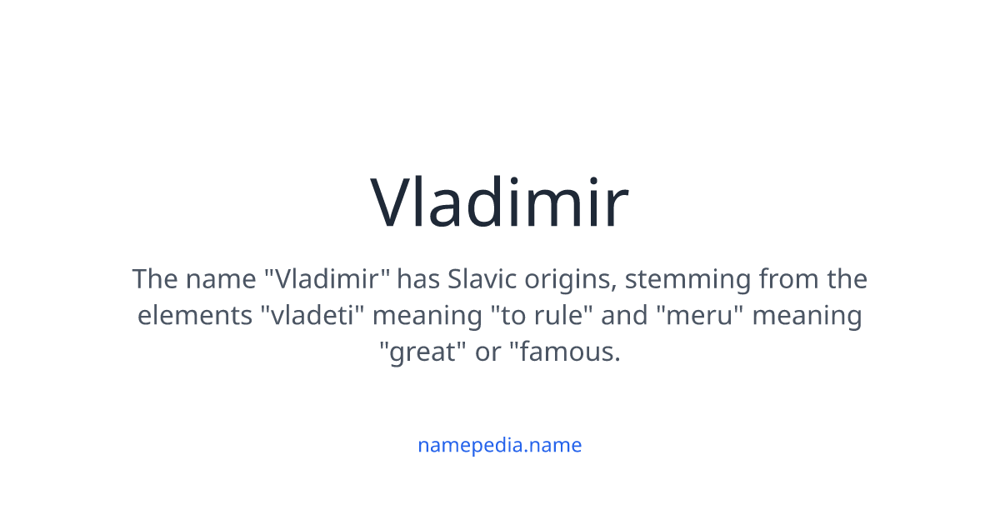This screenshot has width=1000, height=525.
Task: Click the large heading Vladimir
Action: pyautogui.click(x=499, y=203)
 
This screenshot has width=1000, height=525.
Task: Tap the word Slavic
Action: pyautogui.click(x=478, y=278)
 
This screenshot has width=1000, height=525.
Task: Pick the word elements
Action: pyautogui.click(x=195, y=316)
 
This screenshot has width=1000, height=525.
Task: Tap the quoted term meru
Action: pyautogui.click(x=700, y=316)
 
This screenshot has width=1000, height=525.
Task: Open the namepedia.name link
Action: pyautogui.click(x=499, y=445)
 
